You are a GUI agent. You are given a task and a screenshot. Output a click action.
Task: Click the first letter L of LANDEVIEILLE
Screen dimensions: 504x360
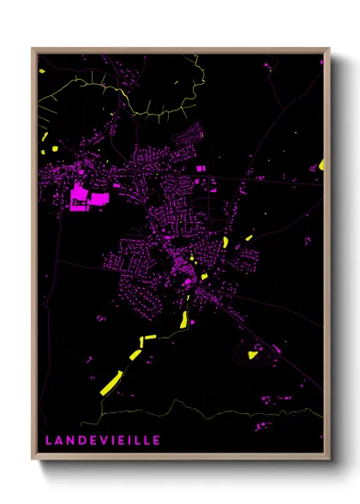point(49,440)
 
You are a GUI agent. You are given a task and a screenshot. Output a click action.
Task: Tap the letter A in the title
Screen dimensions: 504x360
point(59,440)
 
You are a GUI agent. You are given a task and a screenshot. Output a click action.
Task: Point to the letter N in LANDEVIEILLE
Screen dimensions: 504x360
point(70,440)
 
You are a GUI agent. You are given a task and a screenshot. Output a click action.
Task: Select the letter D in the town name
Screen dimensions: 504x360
point(81,440)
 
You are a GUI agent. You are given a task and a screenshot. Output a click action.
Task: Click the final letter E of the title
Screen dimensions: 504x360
point(156,440)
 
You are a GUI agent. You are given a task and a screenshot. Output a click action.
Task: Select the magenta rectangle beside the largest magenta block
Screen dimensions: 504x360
point(99,199)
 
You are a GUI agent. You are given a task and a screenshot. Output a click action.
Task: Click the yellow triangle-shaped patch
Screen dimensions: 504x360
point(253,354)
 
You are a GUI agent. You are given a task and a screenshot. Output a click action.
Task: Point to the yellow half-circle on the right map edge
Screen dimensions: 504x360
point(321,163)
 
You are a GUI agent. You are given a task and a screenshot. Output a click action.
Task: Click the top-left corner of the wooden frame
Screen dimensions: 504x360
point(33,49)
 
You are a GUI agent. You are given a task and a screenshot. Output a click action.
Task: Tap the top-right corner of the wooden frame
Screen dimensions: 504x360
point(328,49)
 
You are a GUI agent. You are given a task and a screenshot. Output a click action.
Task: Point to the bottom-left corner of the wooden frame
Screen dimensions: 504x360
point(33,459)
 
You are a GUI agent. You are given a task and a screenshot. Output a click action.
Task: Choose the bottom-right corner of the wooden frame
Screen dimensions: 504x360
point(328,459)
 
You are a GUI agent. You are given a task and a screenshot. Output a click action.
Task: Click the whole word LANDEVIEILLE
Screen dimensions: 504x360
point(103,440)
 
